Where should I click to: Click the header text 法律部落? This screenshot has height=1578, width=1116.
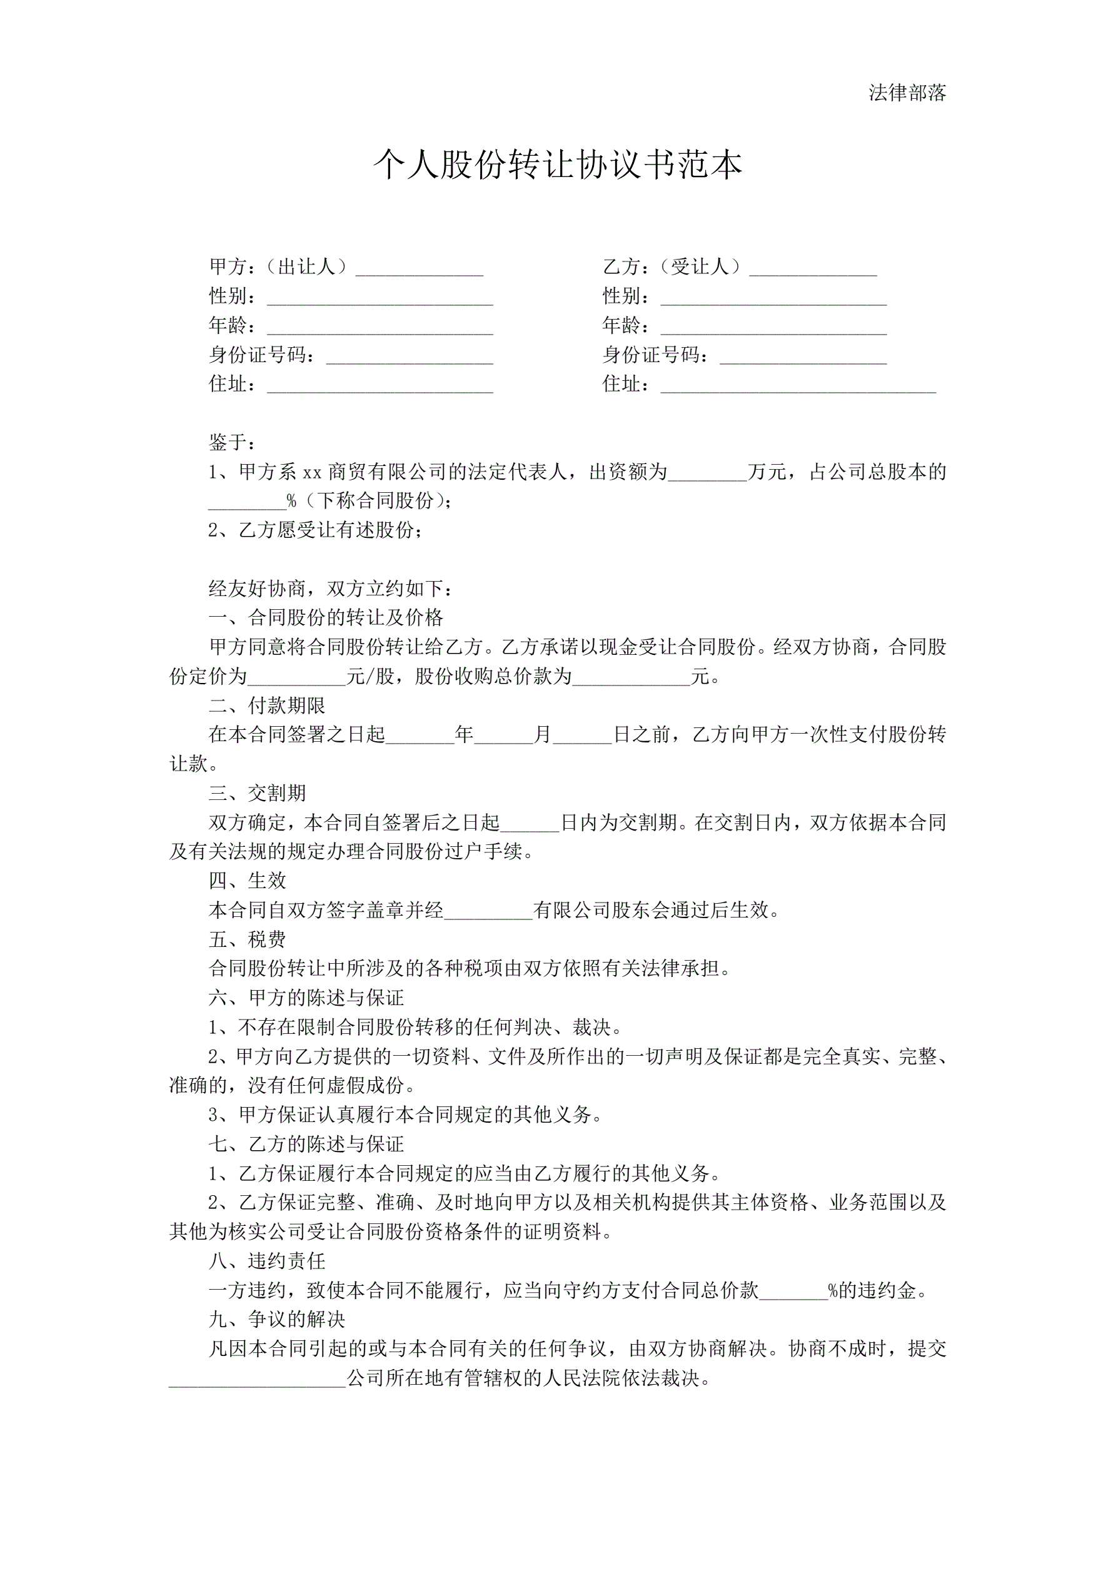[x=907, y=93]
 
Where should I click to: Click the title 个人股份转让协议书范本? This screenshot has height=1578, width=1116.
[x=557, y=165]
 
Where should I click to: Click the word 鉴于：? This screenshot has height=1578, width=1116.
[x=233, y=442]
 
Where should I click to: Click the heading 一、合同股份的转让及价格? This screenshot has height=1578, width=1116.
[x=326, y=617]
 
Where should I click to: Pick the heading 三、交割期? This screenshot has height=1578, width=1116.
[x=257, y=793]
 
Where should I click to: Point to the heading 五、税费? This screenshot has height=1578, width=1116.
[x=248, y=939]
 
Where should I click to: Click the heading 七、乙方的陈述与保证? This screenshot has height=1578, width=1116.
[x=306, y=1144]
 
